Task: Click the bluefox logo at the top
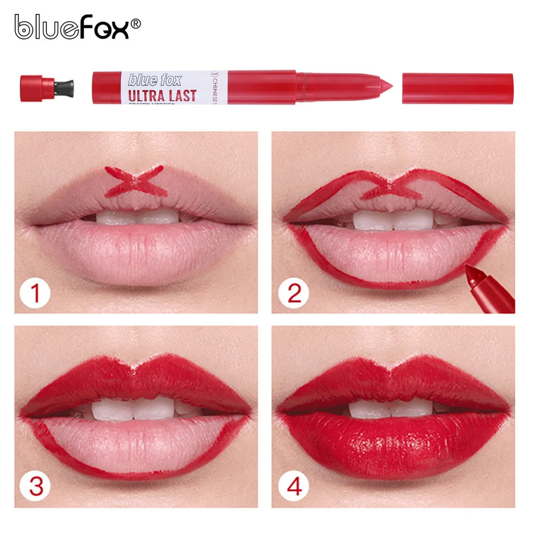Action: click(x=72, y=27)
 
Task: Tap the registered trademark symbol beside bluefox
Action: click(x=136, y=23)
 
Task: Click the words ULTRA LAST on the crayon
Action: click(x=162, y=96)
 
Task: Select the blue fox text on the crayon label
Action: click(x=155, y=80)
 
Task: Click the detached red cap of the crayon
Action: click(x=457, y=88)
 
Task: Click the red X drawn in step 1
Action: click(x=133, y=180)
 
